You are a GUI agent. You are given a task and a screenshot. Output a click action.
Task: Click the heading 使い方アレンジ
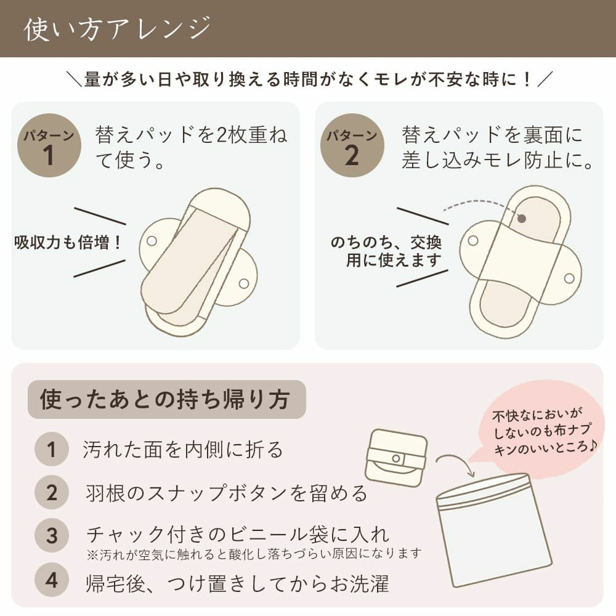coord(117,29)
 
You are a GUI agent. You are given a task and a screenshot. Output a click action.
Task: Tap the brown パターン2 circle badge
coord(352,146)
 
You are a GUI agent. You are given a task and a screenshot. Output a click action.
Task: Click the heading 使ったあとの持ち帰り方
coord(164,400)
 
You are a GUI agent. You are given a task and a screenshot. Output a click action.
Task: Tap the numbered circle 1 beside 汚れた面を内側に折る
coord(52,450)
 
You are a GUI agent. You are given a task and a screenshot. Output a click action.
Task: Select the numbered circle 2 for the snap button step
coord(52,493)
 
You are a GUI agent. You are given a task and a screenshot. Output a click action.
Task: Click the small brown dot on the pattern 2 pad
coord(522,218)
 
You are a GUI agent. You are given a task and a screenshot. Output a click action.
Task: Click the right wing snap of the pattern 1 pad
coord(243,283)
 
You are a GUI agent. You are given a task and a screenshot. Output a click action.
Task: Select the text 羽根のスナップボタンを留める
coord(226,493)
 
